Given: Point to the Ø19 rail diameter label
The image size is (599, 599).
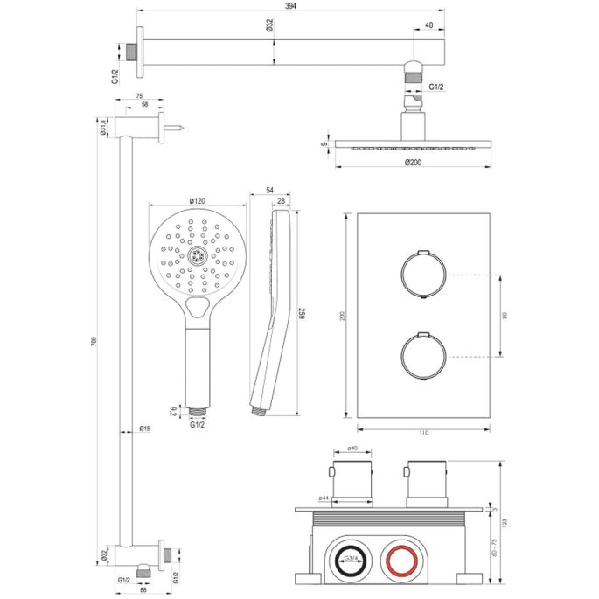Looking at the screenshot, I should pos(146,428).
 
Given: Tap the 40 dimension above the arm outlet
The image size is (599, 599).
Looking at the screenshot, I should pos(428,25).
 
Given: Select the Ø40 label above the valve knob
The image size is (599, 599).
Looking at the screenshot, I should pos(353,449).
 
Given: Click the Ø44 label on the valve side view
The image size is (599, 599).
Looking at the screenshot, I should pos(323,498).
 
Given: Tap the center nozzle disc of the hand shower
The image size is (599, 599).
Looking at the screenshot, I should pos(198,255).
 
